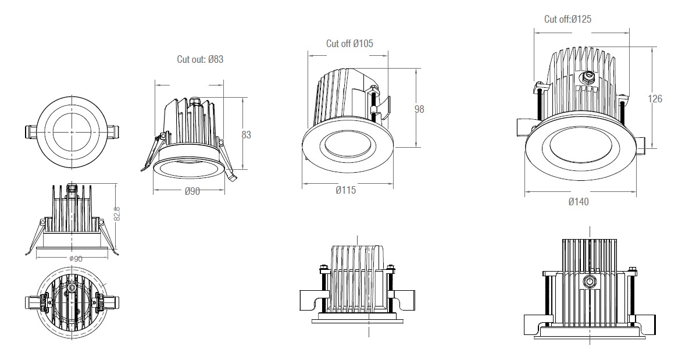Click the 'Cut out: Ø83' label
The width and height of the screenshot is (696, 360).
[x=200, y=59]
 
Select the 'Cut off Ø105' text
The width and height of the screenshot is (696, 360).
[x=349, y=44]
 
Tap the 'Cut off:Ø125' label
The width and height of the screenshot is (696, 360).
[x=567, y=19]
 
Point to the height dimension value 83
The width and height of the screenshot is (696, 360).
[x=246, y=135]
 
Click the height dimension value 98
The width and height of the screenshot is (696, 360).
[x=419, y=109]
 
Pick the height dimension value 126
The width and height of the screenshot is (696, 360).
[x=655, y=99]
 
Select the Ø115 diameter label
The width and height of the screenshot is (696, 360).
[x=346, y=190]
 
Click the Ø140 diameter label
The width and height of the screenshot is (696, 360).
[x=578, y=202]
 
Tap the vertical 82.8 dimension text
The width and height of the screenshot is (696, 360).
[x=117, y=213]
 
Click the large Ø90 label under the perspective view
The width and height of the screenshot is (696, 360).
[x=192, y=191]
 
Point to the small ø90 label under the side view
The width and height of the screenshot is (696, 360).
[x=75, y=259]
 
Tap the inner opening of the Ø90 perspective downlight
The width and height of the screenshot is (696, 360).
[x=187, y=169]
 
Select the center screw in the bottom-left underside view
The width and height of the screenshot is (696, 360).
[x=72, y=288]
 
